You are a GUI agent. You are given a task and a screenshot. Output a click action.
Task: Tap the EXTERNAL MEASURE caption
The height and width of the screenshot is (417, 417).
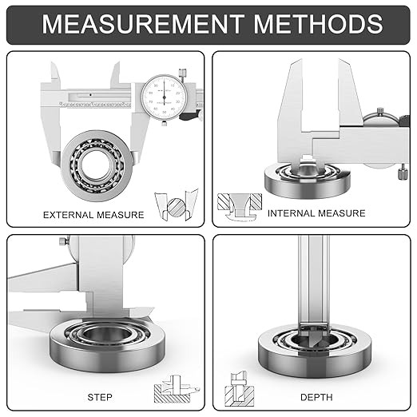click(93, 215)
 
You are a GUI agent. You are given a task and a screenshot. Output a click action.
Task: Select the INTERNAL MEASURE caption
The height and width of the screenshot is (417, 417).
click(316, 213)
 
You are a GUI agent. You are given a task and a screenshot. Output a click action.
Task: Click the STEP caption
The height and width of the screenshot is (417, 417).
click(100, 397)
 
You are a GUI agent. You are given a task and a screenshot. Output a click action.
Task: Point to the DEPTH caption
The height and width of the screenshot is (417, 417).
click(316, 397)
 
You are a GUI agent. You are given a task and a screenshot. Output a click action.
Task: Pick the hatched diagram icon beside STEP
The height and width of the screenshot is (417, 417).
click(176, 390)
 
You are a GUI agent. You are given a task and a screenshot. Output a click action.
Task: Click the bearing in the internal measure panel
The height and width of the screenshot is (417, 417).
click(307, 181)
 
